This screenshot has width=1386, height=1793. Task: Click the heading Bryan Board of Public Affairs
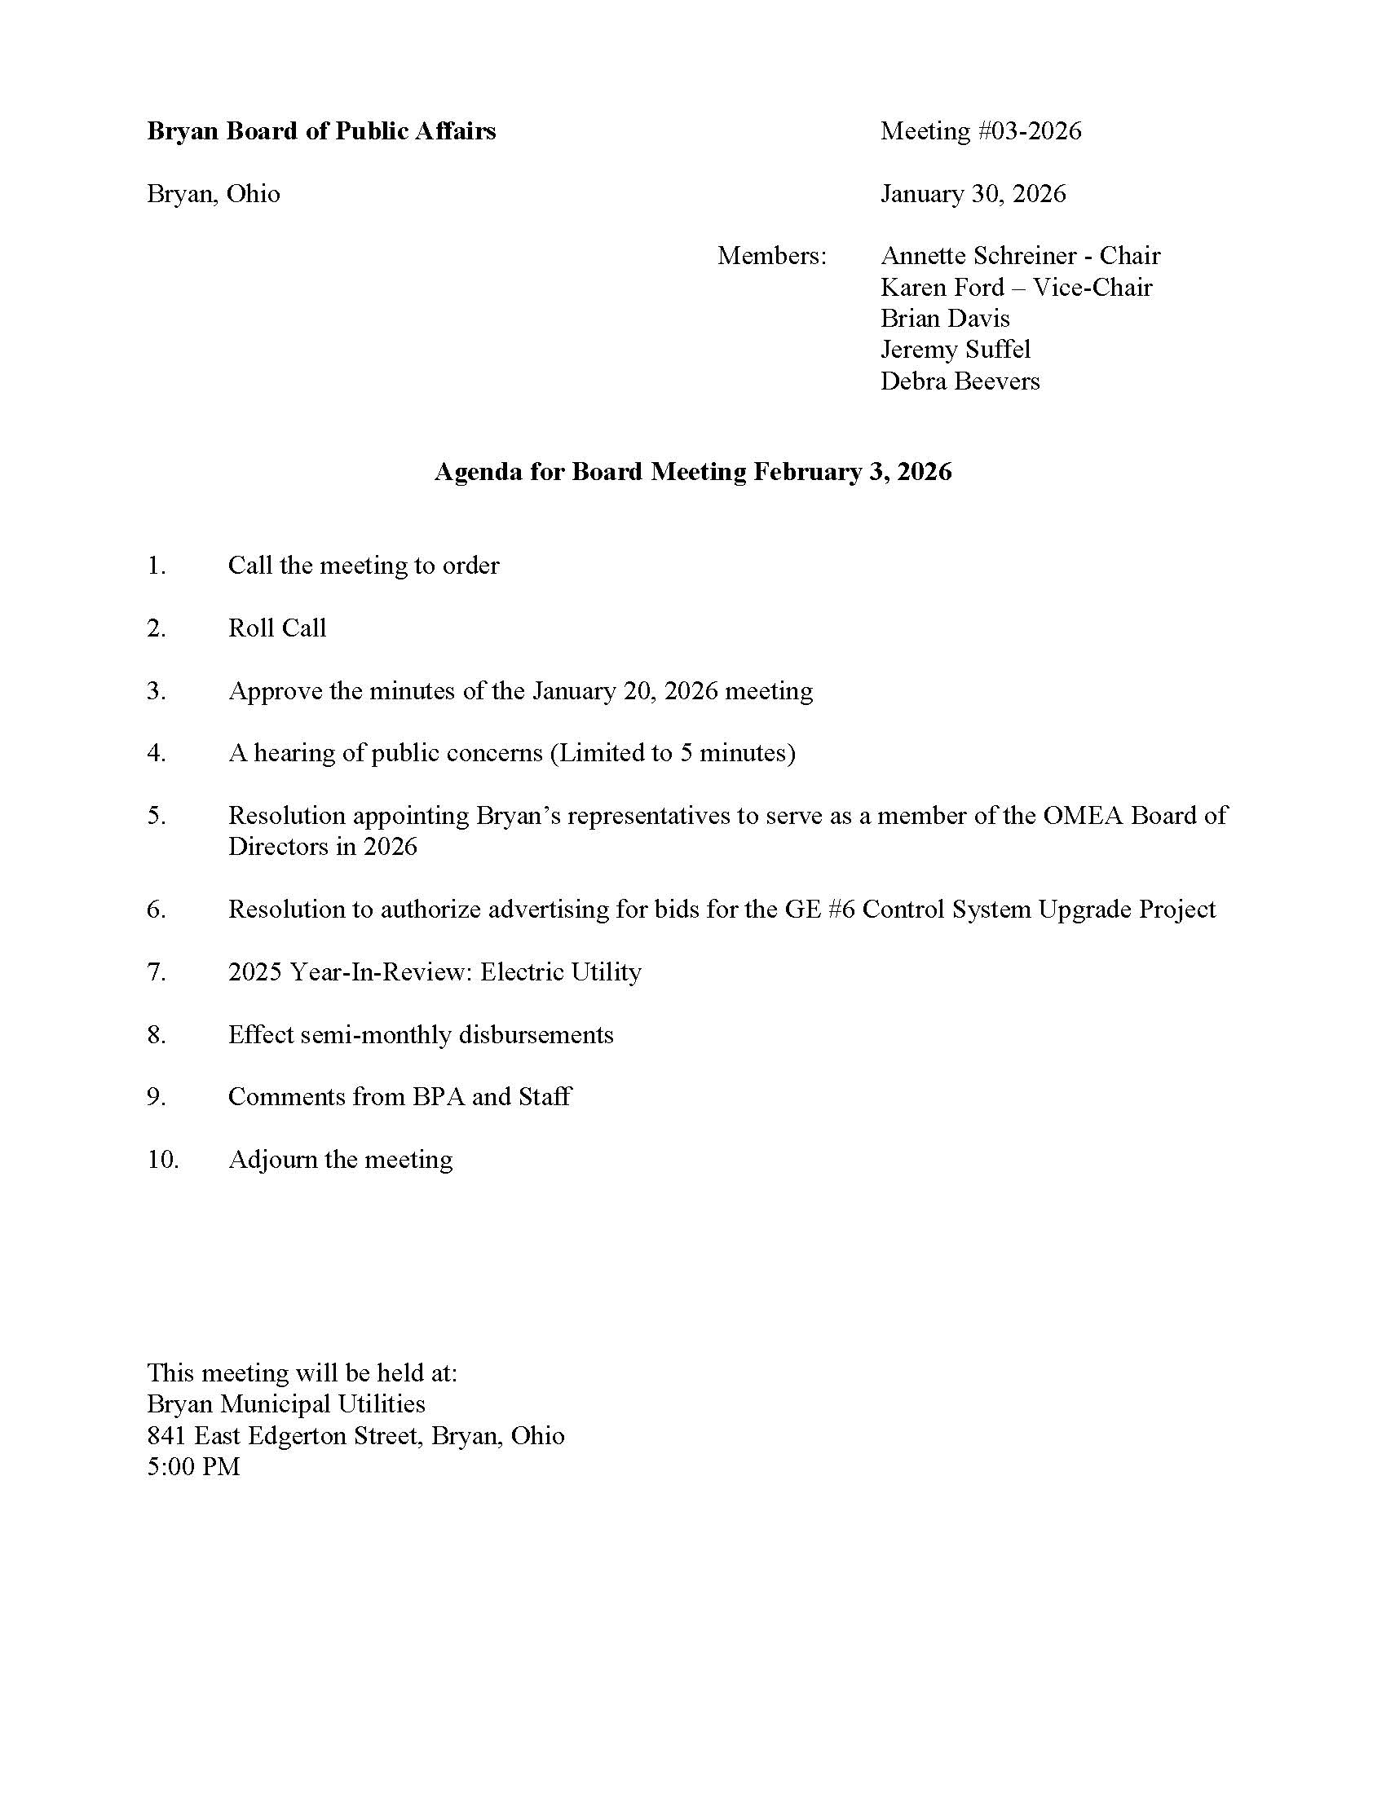coord(321,131)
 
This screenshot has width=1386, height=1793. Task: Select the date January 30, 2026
coord(973,194)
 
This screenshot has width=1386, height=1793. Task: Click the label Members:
coord(772,256)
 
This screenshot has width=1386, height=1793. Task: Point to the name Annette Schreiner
coord(976,256)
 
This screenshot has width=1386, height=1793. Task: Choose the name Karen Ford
coord(942,288)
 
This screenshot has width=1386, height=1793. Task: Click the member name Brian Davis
coord(945,319)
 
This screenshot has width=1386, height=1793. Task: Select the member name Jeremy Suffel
coord(955,350)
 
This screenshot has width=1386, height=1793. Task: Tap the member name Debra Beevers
coord(960,381)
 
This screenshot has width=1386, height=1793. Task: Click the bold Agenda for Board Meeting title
coord(693,472)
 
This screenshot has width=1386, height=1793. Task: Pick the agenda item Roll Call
coord(276,628)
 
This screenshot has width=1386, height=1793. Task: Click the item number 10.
coord(162,1160)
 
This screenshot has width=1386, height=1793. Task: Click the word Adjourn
coord(272,1160)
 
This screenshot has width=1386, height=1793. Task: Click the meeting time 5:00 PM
coord(194,1467)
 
